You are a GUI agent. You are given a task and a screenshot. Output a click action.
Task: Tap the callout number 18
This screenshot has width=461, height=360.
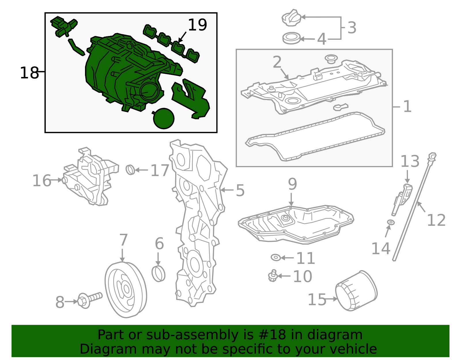pos(29,73)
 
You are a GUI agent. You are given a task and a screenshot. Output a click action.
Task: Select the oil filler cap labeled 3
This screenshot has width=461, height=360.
pos(291,18)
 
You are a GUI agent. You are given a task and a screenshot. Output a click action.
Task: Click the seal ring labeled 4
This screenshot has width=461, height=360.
pos(291,38)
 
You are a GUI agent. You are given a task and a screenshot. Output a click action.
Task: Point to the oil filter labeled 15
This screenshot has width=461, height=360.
pos(356,291)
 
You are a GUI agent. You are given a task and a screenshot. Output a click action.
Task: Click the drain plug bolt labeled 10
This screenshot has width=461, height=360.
pos(273,276)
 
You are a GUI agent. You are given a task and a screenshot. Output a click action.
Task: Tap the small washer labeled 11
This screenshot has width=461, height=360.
pos(276,257)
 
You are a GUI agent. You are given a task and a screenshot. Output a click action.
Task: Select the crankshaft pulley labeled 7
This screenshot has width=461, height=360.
pos(126,290)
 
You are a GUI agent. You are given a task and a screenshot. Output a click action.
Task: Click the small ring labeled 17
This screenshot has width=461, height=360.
pos(130,170)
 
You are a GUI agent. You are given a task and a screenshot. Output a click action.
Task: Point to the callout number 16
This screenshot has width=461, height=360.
pos(41,181)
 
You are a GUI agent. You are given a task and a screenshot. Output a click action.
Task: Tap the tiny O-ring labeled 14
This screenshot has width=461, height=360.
pos(391,222)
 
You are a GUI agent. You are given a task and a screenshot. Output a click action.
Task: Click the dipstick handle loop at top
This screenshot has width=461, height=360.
pos(432,157)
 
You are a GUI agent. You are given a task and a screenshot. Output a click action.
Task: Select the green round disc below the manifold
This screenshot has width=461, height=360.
pos(164,118)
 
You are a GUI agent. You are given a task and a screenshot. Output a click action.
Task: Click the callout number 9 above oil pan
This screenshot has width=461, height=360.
pos(292,184)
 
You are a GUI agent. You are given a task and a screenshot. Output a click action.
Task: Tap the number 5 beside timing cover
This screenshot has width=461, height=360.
pos(240,191)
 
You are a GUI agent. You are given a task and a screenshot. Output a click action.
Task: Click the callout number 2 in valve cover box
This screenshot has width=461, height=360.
pos(277,62)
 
